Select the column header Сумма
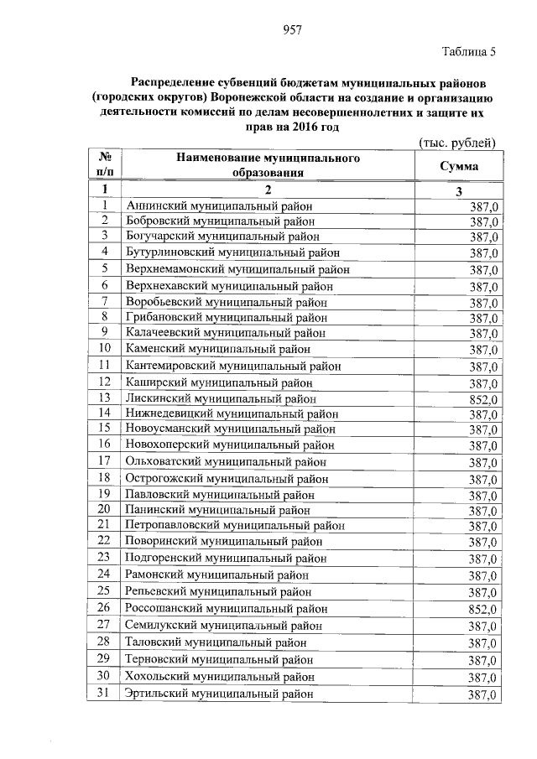[x=459, y=166]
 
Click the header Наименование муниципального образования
[x=268, y=165]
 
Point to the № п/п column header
[x=106, y=165]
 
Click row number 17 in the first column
[x=105, y=460]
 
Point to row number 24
[x=105, y=574]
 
